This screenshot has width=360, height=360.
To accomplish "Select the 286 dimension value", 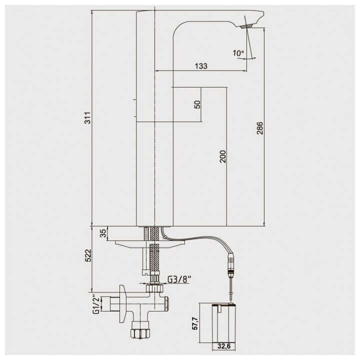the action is [x=259, y=128].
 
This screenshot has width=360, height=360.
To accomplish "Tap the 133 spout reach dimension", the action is [x=201, y=66].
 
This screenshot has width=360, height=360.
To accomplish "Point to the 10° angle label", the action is [x=238, y=53].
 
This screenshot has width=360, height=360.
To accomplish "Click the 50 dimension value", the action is [x=197, y=104].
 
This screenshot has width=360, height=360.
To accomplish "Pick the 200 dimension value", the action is [x=222, y=156].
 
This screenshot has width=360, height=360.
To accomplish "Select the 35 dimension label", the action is [x=103, y=233].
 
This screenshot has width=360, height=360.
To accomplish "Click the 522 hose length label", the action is [x=88, y=255].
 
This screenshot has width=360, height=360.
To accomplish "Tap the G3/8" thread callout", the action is [x=179, y=279].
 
